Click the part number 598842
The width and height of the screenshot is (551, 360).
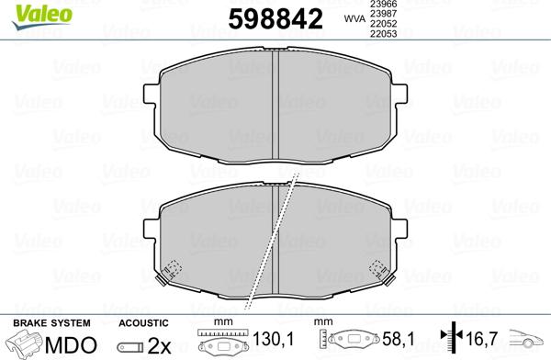pyautogui.click(x=275, y=19)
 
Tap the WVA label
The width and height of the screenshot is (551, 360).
pyautogui.click(x=354, y=19)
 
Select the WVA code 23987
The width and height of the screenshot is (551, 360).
pyautogui.click(x=383, y=14)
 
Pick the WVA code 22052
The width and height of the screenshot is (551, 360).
pyautogui.click(x=383, y=24)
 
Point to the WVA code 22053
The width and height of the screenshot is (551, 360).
pyautogui.click(x=383, y=34)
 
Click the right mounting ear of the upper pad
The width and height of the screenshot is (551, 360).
pyautogui.click(x=399, y=94)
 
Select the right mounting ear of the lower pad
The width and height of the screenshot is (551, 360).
pyautogui.click(x=399, y=230)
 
